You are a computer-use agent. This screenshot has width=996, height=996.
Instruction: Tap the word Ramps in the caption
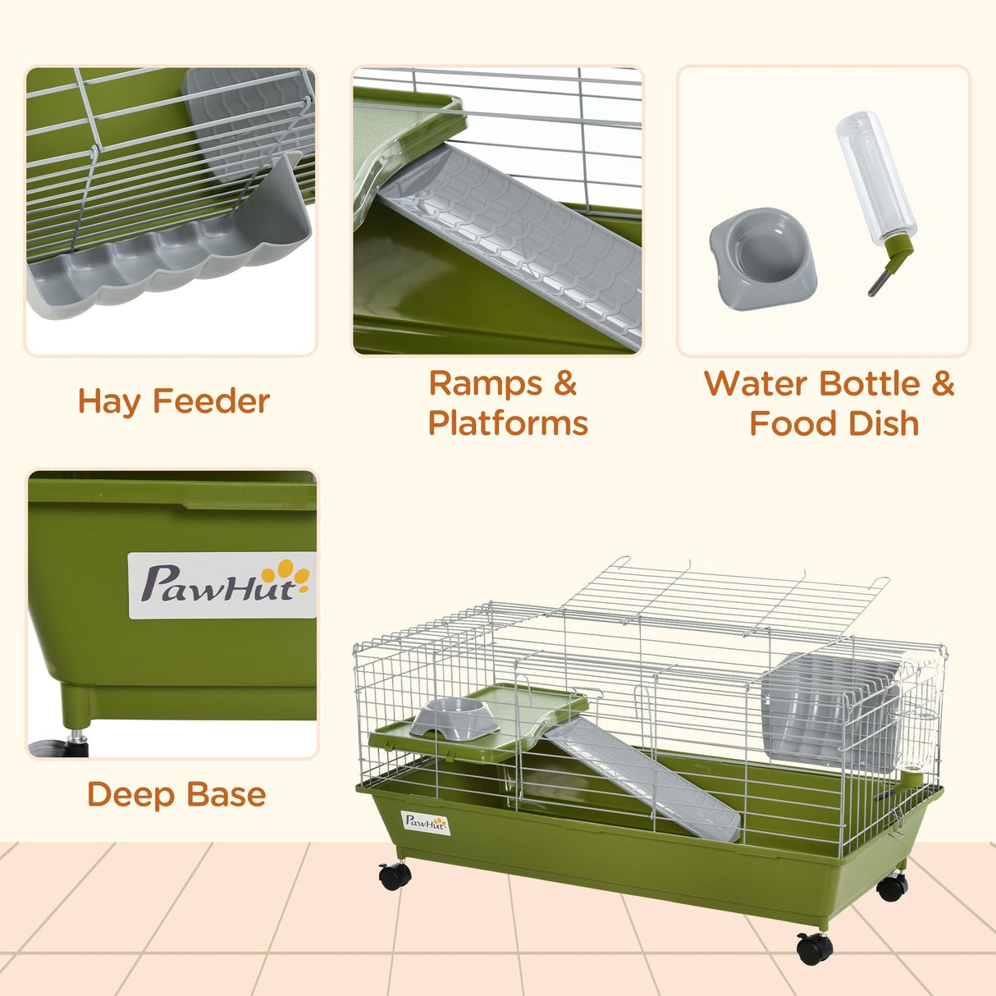pos(486,384)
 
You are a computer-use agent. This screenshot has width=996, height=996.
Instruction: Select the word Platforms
pos(508,423)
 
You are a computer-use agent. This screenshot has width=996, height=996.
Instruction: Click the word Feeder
pos(211,402)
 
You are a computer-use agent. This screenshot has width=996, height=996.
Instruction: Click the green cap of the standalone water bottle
pos(896,245)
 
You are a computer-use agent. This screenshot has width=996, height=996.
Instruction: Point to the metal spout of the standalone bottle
pos(879,283)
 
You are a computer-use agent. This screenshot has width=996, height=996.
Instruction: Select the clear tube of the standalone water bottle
pos(875,176)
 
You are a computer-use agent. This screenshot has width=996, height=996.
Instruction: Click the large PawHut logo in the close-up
pos(222,585)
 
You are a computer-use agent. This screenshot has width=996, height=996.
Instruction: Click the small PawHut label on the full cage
pos(426,822)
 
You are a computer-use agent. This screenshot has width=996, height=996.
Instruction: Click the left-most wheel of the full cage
pos(395,876)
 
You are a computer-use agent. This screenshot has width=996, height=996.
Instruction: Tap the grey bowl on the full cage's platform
pos(455,718)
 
